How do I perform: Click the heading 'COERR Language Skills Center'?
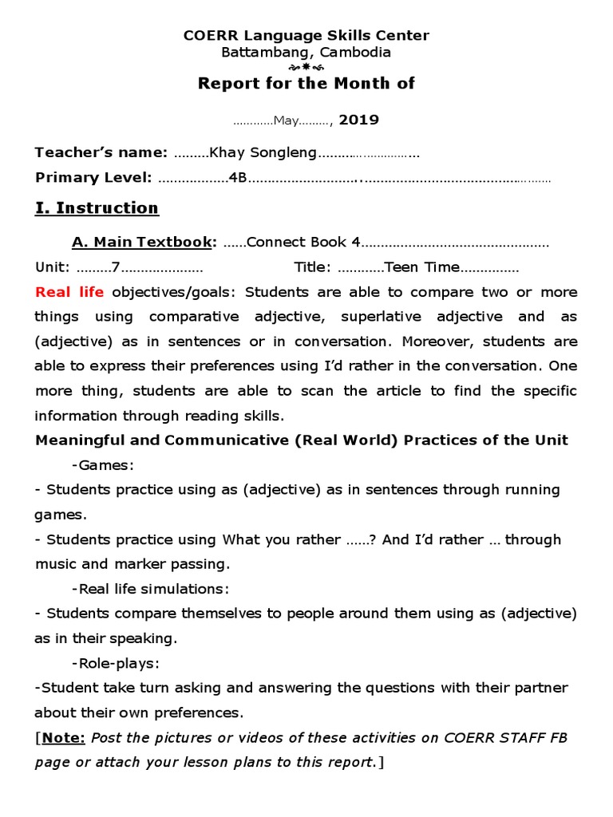coord(306,36)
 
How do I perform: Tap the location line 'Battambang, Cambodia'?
coord(306,53)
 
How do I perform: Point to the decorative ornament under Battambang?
coord(306,68)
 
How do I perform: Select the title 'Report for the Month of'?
coord(306,84)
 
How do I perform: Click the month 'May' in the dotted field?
coord(286,121)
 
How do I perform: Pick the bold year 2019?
coord(359,120)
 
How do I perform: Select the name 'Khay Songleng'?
coord(263,153)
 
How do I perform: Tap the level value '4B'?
coord(237,178)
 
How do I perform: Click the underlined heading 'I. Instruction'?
coord(97,208)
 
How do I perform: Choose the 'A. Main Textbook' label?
coord(144,242)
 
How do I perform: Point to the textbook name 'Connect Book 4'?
coord(303,242)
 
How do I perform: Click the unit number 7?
coord(116,267)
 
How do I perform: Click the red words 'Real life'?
coord(69,292)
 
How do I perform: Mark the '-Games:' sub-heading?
coord(103,465)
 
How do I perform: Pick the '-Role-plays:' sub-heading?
coord(116,663)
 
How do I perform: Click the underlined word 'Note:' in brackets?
coord(64,738)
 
